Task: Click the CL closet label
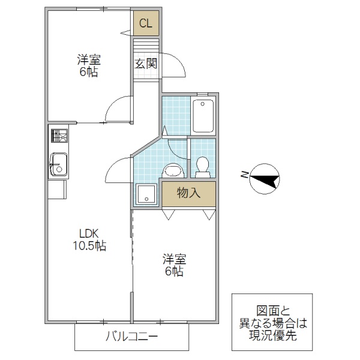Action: (145, 24)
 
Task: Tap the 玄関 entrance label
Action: (145, 63)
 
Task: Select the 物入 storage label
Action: (188, 193)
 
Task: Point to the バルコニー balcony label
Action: (132, 337)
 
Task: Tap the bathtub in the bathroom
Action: (203, 116)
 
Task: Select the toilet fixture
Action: (202, 166)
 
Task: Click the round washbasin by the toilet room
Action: (173, 170)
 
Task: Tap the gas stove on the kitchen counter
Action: (59, 137)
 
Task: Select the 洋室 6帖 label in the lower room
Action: (174, 265)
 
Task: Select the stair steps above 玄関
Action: (145, 45)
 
